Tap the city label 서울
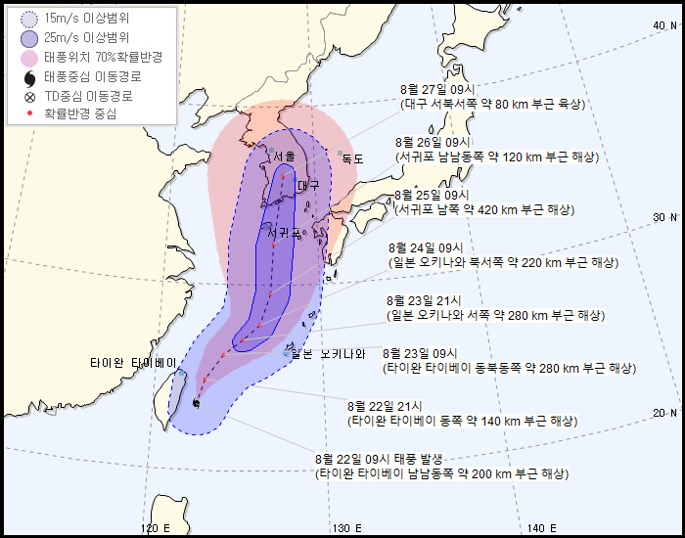284,157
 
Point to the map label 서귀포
284,232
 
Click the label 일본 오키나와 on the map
327,354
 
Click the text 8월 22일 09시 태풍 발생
380,459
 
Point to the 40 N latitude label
664,24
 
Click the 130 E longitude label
345,528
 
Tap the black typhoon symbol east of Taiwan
197,402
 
